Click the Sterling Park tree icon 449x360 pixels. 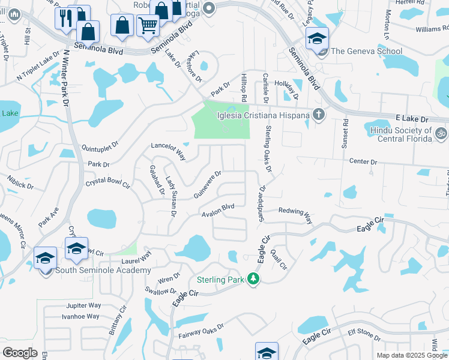pyautogui.click(x=253, y=279)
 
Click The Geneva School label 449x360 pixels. pyautogui.click(x=366, y=51)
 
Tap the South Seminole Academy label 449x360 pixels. pyautogui.click(x=103, y=271)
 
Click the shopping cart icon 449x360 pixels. pyautogui.click(x=147, y=25)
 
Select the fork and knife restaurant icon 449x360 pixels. pyautogui.click(x=65, y=19)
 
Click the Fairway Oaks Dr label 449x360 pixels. pyautogui.click(x=201, y=332)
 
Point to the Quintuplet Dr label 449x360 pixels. pyautogui.click(x=101, y=146)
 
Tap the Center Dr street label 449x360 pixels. pyautogui.click(x=364, y=162)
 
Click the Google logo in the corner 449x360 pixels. pyautogui.click(x=20, y=353)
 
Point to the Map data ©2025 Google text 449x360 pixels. pyautogui.click(x=412, y=355)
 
